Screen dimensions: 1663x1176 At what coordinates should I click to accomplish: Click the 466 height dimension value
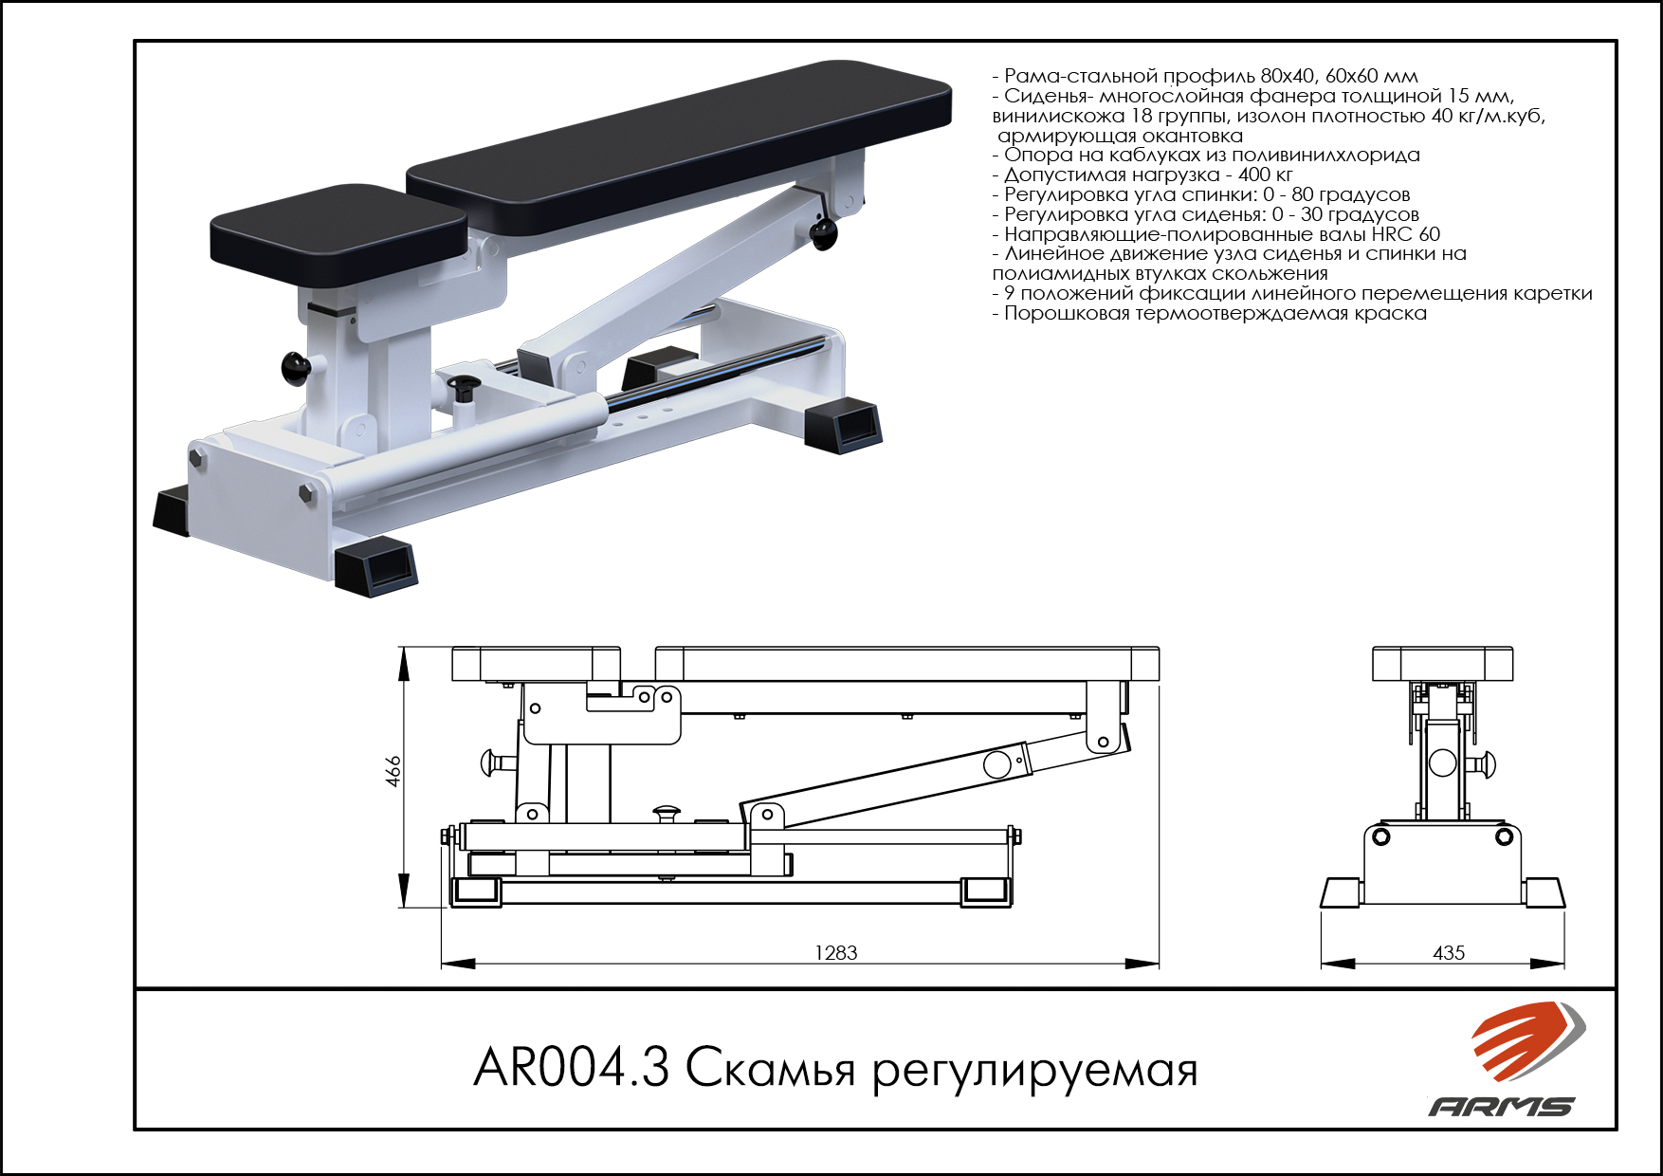pyautogui.click(x=393, y=771)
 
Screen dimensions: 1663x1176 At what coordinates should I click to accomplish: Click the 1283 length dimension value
pyautogui.click(x=836, y=952)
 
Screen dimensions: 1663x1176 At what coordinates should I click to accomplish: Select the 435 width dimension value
pyautogui.click(x=1449, y=952)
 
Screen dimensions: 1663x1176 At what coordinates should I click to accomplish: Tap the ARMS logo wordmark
pyautogui.click(x=1502, y=1106)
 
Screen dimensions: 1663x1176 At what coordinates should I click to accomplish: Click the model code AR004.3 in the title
pyautogui.click(x=571, y=1068)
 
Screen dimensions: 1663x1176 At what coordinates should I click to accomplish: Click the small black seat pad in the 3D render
pyautogui.click(x=338, y=235)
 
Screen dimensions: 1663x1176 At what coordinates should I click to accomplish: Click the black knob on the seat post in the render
pyautogui.click(x=296, y=368)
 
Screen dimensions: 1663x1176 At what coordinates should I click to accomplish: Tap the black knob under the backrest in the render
pyautogui.click(x=823, y=232)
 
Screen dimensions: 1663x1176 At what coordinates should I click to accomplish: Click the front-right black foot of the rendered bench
pyautogui.click(x=376, y=566)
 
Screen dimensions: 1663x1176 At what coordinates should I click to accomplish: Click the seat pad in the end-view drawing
pyautogui.click(x=1442, y=664)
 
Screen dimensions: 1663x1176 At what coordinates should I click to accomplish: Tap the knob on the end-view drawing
pyautogui.click(x=1484, y=763)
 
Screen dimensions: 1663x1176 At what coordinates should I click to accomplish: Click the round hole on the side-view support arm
pyautogui.click(x=996, y=764)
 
